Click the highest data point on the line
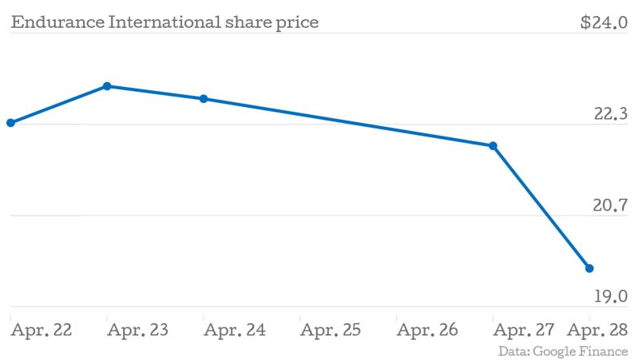click(107, 86)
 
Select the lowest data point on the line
click(589, 268)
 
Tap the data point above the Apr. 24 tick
click(204, 99)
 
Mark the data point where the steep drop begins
click(493, 146)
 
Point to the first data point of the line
click(10, 123)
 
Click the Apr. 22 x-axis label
click(42, 330)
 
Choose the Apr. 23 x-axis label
click(137, 330)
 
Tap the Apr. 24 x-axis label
click(235, 330)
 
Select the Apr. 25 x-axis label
click(331, 330)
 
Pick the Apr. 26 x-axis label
click(427, 330)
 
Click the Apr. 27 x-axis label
click(524, 330)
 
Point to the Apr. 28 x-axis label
click(597, 330)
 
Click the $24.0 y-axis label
click(605, 22)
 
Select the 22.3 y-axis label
click(611, 114)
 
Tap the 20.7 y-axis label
click(611, 206)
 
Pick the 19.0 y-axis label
click(611, 297)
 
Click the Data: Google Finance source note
click(563, 351)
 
